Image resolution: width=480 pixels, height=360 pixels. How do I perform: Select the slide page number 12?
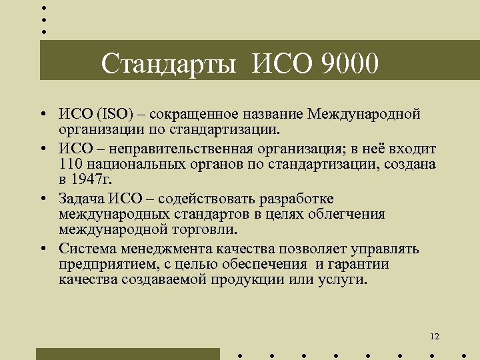click(x=435, y=337)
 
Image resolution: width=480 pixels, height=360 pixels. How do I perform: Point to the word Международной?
click(x=364, y=113)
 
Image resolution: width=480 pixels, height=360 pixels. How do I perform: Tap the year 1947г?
click(x=91, y=179)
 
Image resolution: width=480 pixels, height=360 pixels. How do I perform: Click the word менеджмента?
click(x=168, y=249)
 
